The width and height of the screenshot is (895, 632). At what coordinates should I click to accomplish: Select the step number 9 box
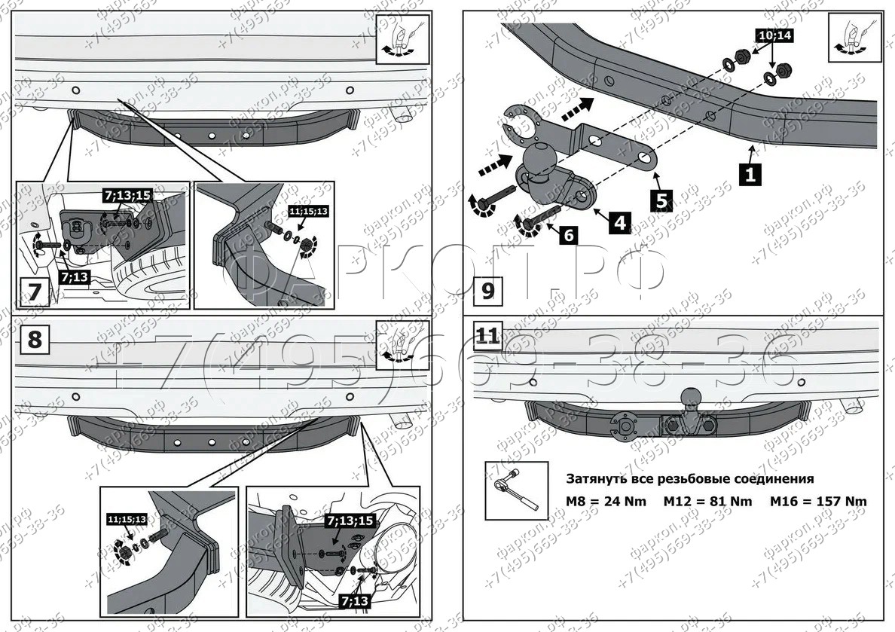(487, 290)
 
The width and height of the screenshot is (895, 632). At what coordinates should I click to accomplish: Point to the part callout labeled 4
(619, 223)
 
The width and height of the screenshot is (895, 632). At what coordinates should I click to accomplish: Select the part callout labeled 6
(568, 234)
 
